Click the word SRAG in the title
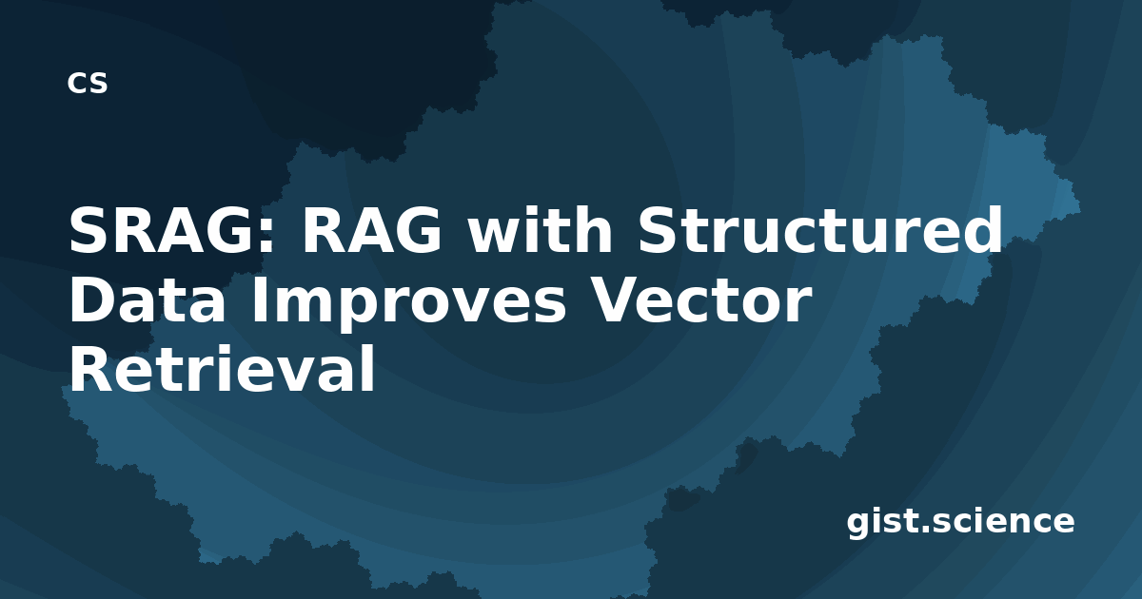[164, 230]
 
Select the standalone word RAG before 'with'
[371, 230]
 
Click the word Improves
[408, 304]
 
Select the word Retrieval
[222, 368]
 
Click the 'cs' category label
[88, 83]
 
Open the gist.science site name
[960, 522]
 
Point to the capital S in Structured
[659, 230]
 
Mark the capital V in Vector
[616, 299]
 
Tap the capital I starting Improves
[259, 299]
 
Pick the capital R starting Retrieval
[92, 369]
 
